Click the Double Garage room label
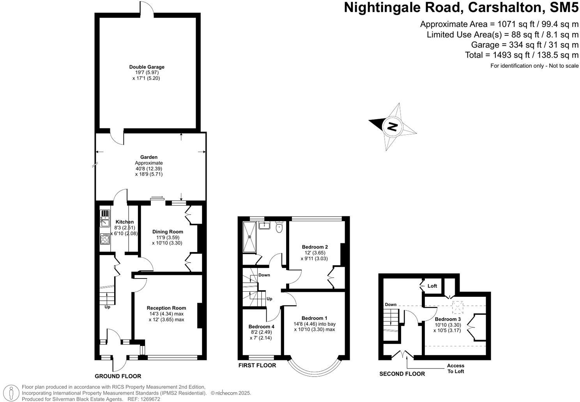147,67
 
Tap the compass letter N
392,127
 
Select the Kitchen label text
124,222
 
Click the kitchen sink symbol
105,218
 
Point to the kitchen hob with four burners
105,238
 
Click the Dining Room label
168,232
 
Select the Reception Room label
166,308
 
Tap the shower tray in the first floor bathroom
249,237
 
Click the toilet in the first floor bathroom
279,227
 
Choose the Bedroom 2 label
315,247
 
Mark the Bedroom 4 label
261,326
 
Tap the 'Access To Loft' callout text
455,368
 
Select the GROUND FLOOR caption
118,376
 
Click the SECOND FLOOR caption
402,374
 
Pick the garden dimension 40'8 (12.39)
149,169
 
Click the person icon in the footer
12,393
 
